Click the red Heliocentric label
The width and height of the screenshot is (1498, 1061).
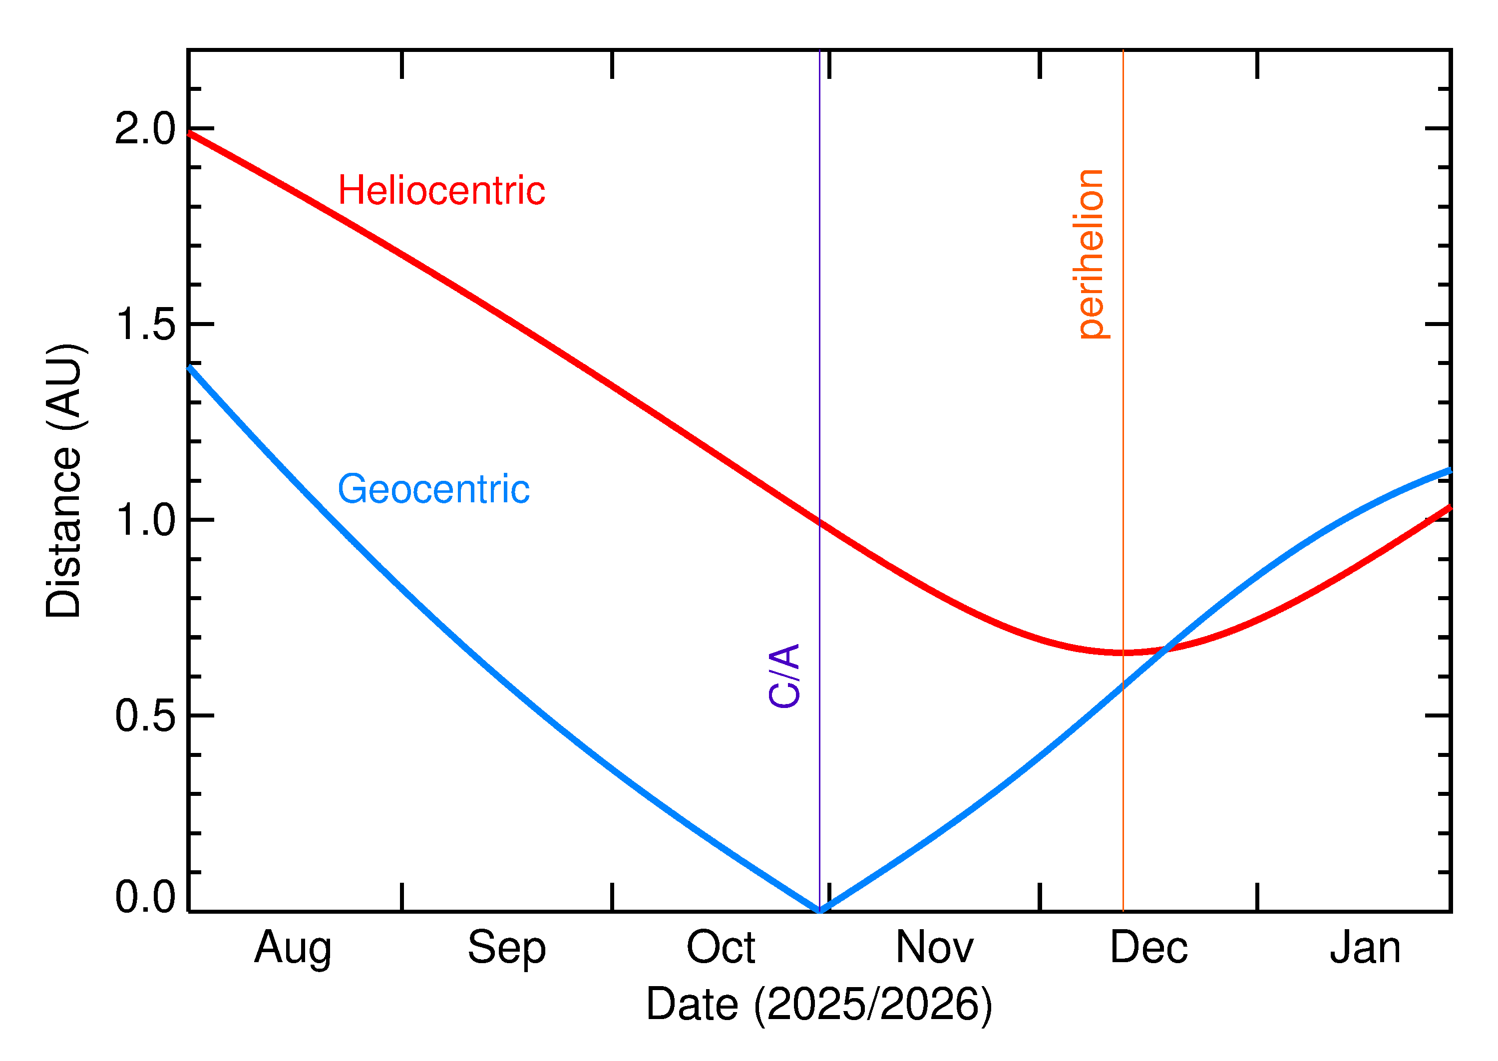[441, 191]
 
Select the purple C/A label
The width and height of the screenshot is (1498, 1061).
[784, 676]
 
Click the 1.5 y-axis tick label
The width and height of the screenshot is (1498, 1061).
[145, 324]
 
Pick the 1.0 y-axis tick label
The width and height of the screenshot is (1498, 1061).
[145, 520]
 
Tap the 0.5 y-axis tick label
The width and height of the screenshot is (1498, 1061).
[145, 715]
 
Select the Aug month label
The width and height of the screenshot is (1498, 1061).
[293, 949]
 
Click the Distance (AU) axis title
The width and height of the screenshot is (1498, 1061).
[64, 480]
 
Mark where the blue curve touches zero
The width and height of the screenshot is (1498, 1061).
[819, 910]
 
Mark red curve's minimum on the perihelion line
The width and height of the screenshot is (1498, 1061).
[1123, 653]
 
